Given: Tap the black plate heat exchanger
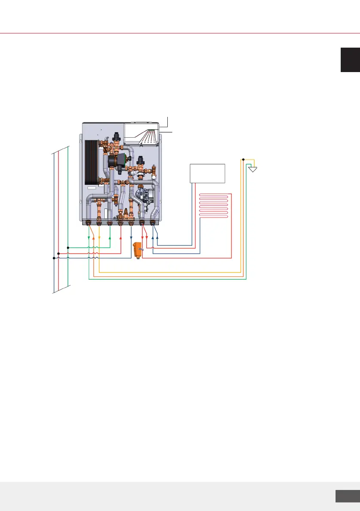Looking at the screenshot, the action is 93,162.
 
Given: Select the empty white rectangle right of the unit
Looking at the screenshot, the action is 208,173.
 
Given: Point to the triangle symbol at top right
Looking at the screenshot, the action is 253,169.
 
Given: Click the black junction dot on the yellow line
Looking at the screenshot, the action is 243,159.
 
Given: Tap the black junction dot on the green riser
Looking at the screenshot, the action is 68,248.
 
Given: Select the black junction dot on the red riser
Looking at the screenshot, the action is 58,253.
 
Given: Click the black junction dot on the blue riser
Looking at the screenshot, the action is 54,258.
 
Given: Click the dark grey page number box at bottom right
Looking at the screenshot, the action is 347,496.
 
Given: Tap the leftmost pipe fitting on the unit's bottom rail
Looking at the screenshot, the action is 89,223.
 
